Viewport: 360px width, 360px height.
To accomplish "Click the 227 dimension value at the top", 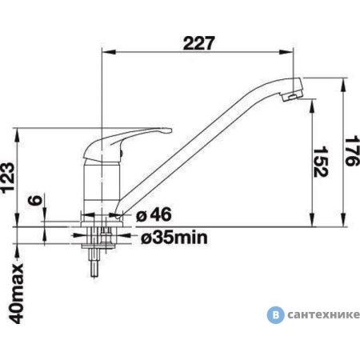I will [199, 44].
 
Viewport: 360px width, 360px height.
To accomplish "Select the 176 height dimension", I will [349, 150].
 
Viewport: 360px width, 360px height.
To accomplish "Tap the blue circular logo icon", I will [277, 314].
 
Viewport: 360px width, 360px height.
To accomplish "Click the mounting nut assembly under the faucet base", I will [99, 236].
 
